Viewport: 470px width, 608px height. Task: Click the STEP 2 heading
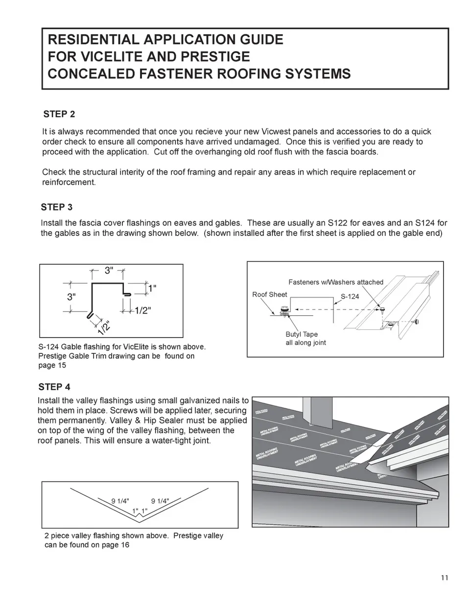(59, 115)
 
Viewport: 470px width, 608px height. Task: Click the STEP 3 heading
(57, 207)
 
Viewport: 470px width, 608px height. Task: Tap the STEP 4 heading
(54, 387)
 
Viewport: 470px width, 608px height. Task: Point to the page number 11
(444, 578)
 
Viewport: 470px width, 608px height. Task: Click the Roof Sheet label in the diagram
(269, 294)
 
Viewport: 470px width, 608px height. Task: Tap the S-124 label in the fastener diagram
(350, 297)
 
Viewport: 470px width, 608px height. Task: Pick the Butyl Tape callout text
(302, 334)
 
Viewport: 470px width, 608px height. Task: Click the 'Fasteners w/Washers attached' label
(336, 282)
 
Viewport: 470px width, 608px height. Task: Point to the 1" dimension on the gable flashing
(152, 289)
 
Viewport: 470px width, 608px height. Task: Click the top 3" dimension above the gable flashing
(109, 270)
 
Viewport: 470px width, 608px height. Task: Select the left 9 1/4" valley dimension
(120, 501)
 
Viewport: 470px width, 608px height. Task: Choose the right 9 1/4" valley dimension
(160, 501)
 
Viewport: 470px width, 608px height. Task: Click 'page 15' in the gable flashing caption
(52, 365)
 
